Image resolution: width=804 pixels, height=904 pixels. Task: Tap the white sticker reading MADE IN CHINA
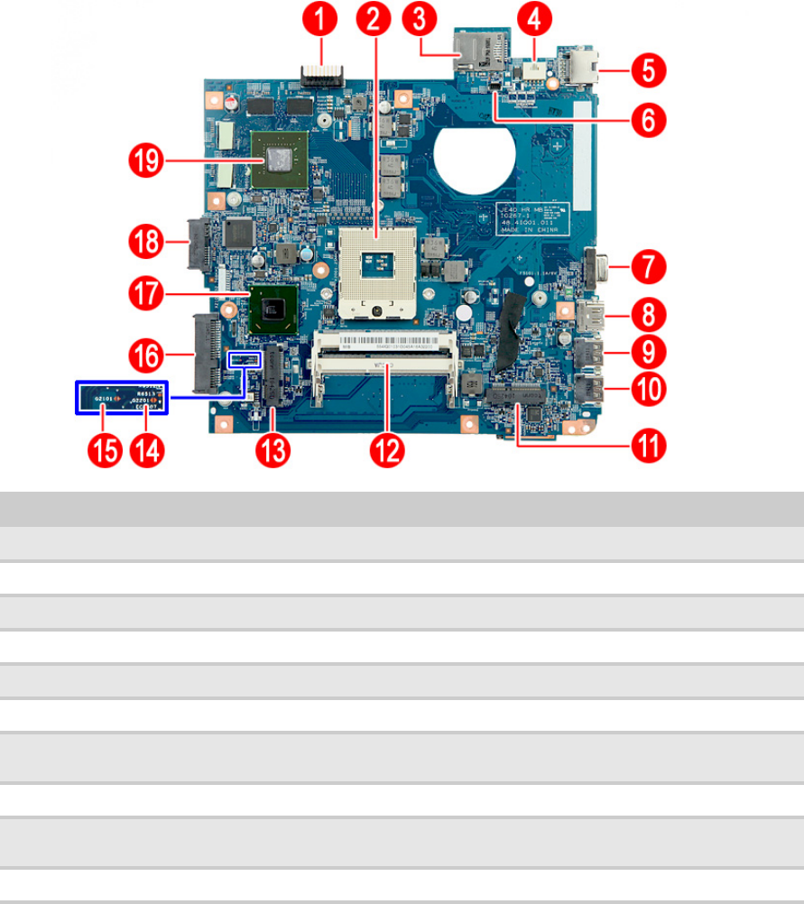(x=531, y=219)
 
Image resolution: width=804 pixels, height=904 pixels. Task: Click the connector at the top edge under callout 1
(x=321, y=72)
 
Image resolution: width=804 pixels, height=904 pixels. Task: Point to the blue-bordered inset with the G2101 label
(x=121, y=397)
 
